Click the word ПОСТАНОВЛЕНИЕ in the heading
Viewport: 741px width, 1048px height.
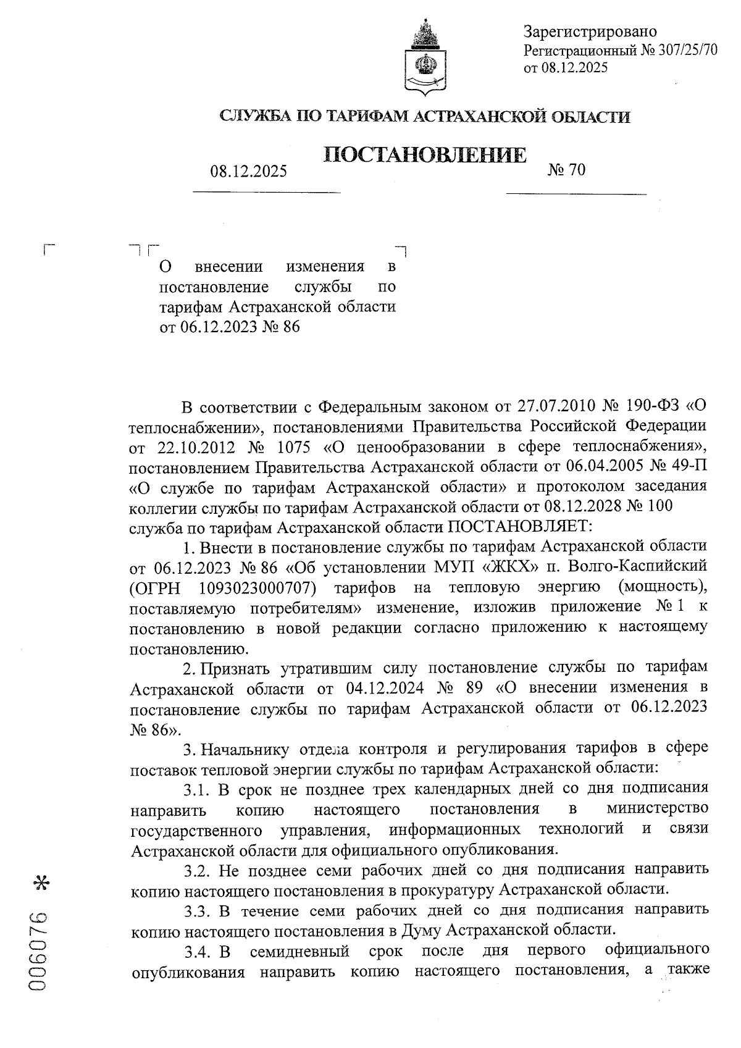tap(425, 155)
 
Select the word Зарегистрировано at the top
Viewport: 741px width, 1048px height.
tap(590, 31)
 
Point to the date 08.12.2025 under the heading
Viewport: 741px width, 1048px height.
tap(248, 171)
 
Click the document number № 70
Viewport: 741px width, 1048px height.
tap(566, 169)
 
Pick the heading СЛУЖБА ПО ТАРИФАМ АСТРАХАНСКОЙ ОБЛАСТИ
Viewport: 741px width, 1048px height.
tap(425, 116)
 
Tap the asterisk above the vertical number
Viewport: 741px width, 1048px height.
tap(42, 883)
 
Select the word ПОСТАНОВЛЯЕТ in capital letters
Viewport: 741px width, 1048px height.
tap(520, 527)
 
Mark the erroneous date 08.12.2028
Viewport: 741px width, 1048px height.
tap(588, 506)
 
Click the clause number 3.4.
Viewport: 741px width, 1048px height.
tap(198, 951)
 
